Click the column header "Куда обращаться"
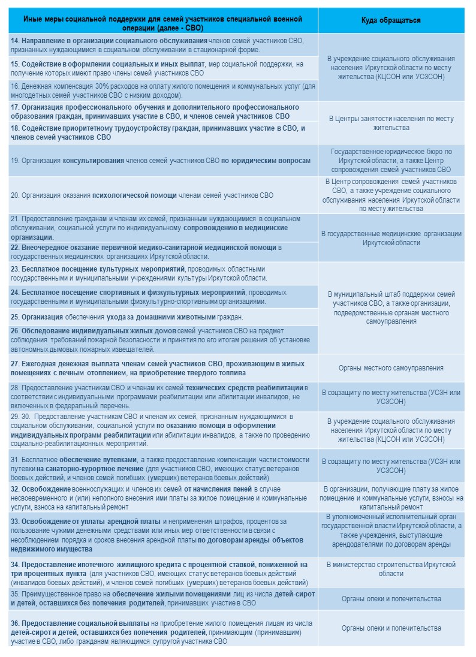coord(391,20)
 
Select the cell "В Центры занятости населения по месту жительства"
coord(391,123)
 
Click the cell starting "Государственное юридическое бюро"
coord(391,160)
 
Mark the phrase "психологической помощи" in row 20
coord(134,195)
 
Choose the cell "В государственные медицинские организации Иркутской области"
coord(391,238)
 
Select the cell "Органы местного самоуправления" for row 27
coord(391,367)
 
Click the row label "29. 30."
coord(20,416)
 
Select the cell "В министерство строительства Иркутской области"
coord(391,569)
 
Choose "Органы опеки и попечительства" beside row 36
coord(391,628)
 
